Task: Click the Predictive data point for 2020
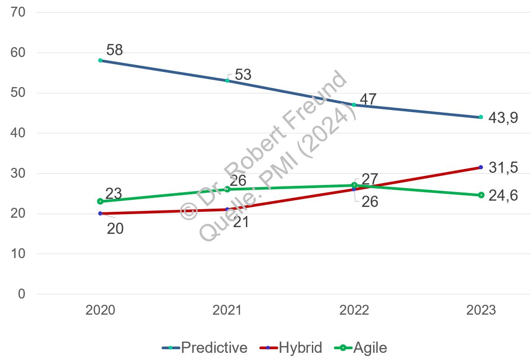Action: (x=100, y=60)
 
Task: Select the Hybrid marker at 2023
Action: (x=481, y=167)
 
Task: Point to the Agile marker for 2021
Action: (x=227, y=189)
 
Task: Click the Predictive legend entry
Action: (x=205, y=347)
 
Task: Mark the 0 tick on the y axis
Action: (x=22, y=294)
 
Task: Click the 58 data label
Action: (x=114, y=50)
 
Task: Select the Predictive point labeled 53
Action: (x=227, y=80)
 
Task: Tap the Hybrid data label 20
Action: (x=115, y=229)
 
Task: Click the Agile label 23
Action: (x=114, y=194)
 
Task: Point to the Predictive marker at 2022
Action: (x=354, y=105)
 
